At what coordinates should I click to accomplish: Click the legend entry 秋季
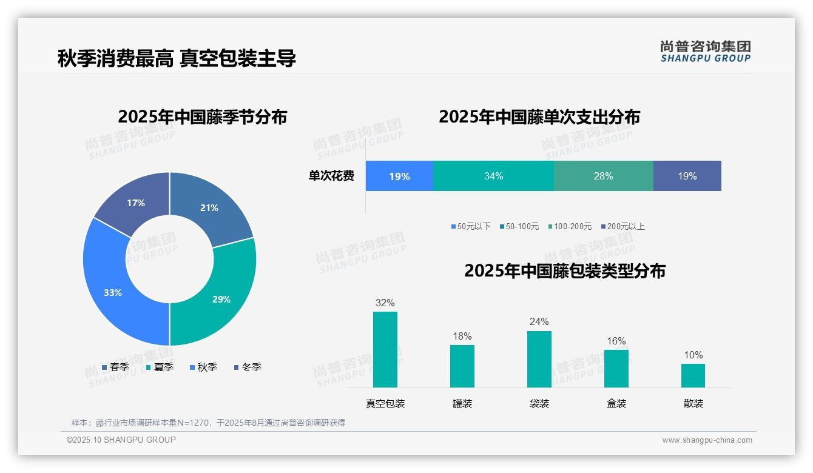point(203,367)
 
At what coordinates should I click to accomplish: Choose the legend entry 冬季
point(248,367)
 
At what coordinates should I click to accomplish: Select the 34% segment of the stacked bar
point(493,176)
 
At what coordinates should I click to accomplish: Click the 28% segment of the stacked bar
point(603,176)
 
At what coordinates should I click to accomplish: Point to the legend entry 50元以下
point(471,226)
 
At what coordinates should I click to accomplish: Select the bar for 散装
point(693,375)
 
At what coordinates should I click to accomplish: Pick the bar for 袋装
point(539,359)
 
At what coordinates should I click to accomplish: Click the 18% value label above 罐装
point(462,336)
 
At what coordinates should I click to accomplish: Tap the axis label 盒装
point(616,403)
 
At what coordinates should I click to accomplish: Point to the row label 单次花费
point(331,176)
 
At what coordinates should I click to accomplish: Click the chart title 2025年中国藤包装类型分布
point(564,270)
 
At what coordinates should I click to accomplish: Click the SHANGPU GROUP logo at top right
point(705,52)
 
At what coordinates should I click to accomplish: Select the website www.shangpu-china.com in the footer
point(707,440)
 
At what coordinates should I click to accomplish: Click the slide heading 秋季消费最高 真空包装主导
point(177,58)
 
